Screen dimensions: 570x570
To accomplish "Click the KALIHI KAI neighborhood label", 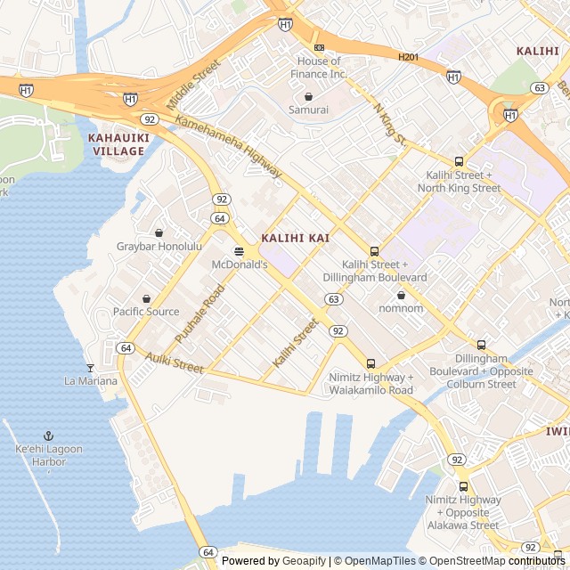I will pyautogui.click(x=295, y=239).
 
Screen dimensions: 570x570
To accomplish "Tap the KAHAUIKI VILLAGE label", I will pyautogui.click(x=116, y=144).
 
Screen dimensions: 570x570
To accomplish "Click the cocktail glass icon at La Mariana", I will pyautogui.click(x=90, y=367).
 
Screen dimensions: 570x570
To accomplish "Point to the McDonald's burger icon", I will pyautogui.click(x=239, y=252).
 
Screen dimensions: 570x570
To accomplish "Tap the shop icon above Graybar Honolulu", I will pyautogui.click(x=159, y=232).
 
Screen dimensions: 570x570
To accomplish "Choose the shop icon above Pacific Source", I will pyautogui.click(x=146, y=298).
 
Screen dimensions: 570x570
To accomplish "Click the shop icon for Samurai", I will pyautogui.click(x=308, y=96).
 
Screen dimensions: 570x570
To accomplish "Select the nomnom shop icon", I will pyautogui.click(x=401, y=294).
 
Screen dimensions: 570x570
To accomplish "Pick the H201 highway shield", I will pyautogui.click(x=408, y=57).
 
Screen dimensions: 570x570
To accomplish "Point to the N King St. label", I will pyautogui.click(x=390, y=125).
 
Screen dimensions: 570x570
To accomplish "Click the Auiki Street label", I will pyautogui.click(x=175, y=363).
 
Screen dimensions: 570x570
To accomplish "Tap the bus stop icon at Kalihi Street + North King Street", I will pyautogui.click(x=459, y=161).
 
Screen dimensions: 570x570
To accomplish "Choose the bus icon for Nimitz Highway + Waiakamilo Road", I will pyautogui.click(x=370, y=363).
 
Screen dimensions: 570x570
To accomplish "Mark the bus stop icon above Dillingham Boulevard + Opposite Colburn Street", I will pyautogui.click(x=482, y=345).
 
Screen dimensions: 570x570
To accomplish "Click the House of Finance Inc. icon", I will pyautogui.click(x=319, y=47).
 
